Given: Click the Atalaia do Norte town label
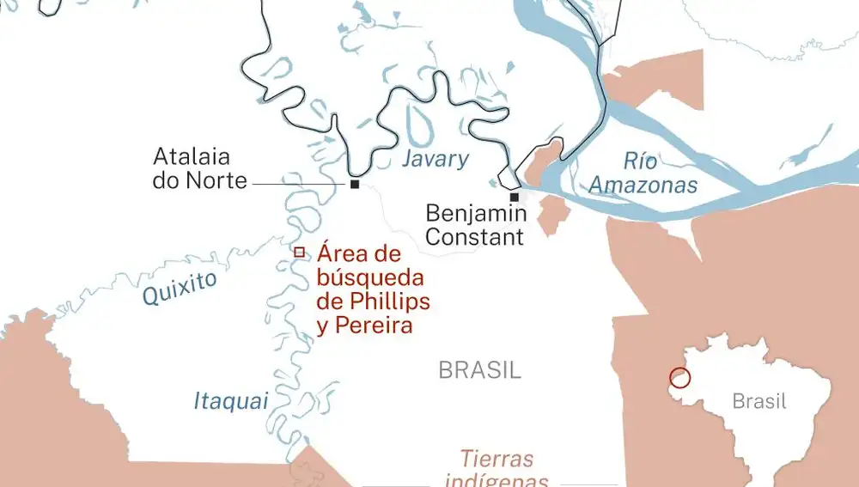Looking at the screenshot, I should coord(200,169).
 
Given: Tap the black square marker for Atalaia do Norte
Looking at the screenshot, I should coord(354,184).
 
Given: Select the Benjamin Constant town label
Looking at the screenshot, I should coord(475,224).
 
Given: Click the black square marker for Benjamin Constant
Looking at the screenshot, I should coord(514,197).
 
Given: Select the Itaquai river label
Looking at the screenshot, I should coord(231,401).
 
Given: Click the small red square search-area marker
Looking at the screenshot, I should coord(299,253).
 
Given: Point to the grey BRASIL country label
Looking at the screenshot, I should coord(479,371).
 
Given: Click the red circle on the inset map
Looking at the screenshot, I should coord(679,378).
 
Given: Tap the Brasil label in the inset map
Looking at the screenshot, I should coord(759,401).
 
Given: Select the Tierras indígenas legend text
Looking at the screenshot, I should coord(497,469).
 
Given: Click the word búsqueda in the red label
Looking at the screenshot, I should coord(370,277).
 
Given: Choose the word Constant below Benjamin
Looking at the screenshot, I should coord(475,236).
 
